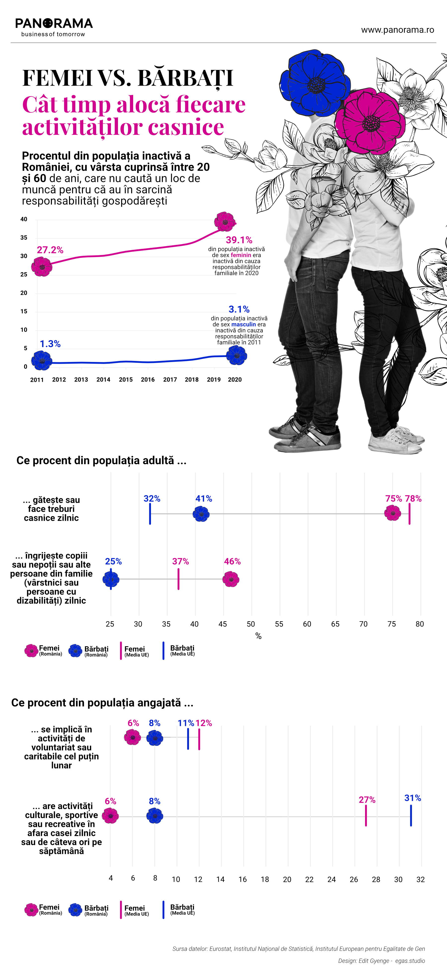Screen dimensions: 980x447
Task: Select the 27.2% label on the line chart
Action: pyautogui.click(x=50, y=250)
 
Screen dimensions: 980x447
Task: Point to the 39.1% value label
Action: pyautogui.click(x=239, y=240)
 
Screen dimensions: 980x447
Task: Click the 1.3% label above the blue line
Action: pyautogui.click(x=50, y=344)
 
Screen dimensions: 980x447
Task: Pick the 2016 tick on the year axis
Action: pyautogui.click(x=148, y=380)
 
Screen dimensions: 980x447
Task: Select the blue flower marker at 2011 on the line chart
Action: pyautogui.click(x=41, y=360)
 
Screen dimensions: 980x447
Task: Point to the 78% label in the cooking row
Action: pyautogui.click(x=413, y=499)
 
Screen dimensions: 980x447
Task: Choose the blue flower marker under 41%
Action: pyautogui.click(x=201, y=514)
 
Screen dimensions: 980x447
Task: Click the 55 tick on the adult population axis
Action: pyautogui.click(x=279, y=624)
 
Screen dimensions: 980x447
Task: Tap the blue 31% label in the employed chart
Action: pyautogui.click(x=412, y=798)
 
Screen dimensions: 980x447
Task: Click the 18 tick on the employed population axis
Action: pyautogui.click(x=265, y=880)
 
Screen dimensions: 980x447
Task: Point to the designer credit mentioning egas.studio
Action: pyautogui.click(x=381, y=961)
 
